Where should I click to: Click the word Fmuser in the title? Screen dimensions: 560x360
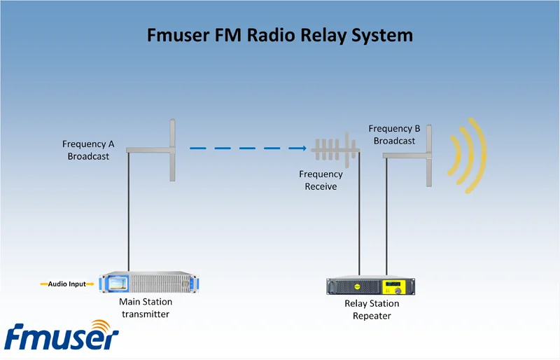[178, 36]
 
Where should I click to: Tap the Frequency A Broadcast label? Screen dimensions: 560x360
[88, 150]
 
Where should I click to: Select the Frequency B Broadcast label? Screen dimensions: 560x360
[394, 134]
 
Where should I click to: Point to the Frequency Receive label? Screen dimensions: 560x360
[321, 180]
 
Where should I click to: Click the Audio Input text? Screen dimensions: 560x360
[67, 284]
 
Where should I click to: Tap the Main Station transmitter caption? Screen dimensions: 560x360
[146, 307]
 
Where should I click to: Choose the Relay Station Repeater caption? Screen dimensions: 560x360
[372, 310]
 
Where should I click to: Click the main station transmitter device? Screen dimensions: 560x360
[149, 282]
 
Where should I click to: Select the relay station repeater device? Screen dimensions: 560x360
[371, 285]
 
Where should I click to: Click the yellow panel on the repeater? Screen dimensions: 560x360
[395, 287]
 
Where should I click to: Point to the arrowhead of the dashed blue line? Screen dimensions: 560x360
[304, 148]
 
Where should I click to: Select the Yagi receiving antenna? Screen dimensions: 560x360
[335, 150]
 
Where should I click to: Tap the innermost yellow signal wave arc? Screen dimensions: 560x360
[457, 155]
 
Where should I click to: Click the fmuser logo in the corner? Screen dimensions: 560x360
[62, 335]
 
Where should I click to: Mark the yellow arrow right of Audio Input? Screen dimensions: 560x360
[90, 284]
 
